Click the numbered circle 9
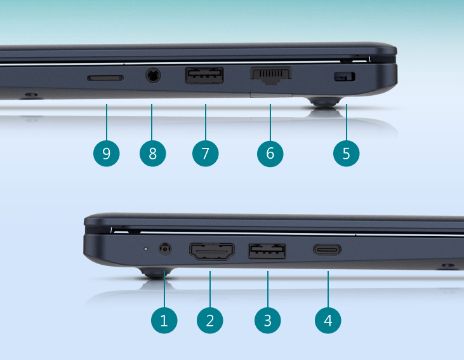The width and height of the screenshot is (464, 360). click(107, 154)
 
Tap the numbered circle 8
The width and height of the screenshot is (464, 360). click(153, 154)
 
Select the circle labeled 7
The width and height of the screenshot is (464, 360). click(206, 154)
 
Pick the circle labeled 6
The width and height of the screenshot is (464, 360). click(270, 154)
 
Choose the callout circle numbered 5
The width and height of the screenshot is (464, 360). click(346, 154)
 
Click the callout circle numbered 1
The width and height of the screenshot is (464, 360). click(164, 321)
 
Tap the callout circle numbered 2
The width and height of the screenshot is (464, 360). click(210, 321)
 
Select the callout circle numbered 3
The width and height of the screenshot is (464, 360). click(267, 321)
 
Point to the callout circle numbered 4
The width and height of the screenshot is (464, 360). click(328, 321)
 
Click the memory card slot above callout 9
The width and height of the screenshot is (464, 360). click(105, 78)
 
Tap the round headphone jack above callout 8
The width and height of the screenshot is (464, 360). click(153, 75)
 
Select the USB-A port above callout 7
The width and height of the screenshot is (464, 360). click(204, 76)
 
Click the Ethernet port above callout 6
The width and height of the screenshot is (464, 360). click(271, 76)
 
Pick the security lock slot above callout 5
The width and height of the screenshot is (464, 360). click(345, 77)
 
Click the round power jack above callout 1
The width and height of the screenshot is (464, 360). click(165, 249)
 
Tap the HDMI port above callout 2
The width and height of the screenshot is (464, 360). click(212, 251)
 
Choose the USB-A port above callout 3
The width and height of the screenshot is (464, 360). click(267, 251)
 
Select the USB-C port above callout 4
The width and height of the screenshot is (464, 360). click(327, 250)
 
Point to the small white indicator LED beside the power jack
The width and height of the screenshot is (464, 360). click(145, 249)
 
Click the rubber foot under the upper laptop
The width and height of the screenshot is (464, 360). click(324, 102)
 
